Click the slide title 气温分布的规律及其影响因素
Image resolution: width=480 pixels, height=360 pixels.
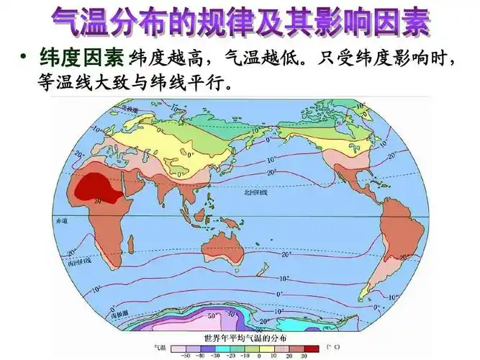click(x=240, y=24)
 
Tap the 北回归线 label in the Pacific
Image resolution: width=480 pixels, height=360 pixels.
click(x=255, y=194)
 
